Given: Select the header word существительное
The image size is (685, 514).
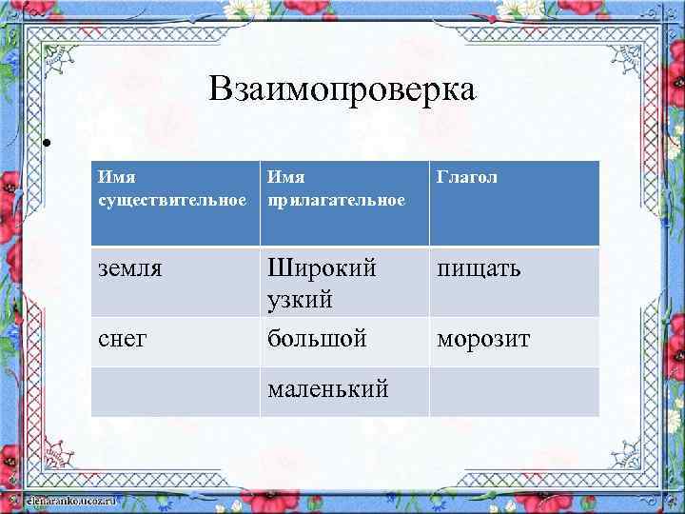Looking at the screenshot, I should [x=172, y=201].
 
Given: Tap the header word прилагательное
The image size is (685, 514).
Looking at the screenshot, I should [x=336, y=201].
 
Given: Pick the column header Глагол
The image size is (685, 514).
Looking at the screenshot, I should [x=467, y=177].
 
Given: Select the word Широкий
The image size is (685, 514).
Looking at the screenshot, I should [x=323, y=269].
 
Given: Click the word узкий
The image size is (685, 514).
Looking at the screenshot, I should [x=300, y=300].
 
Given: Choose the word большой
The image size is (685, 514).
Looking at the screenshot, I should [x=317, y=339].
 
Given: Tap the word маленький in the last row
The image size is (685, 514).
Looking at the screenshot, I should [x=328, y=388].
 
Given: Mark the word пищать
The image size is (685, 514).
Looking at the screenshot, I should [x=479, y=270].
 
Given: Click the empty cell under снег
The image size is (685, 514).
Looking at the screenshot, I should [x=176, y=391].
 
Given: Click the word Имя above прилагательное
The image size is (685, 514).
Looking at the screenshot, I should [x=286, y=176].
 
